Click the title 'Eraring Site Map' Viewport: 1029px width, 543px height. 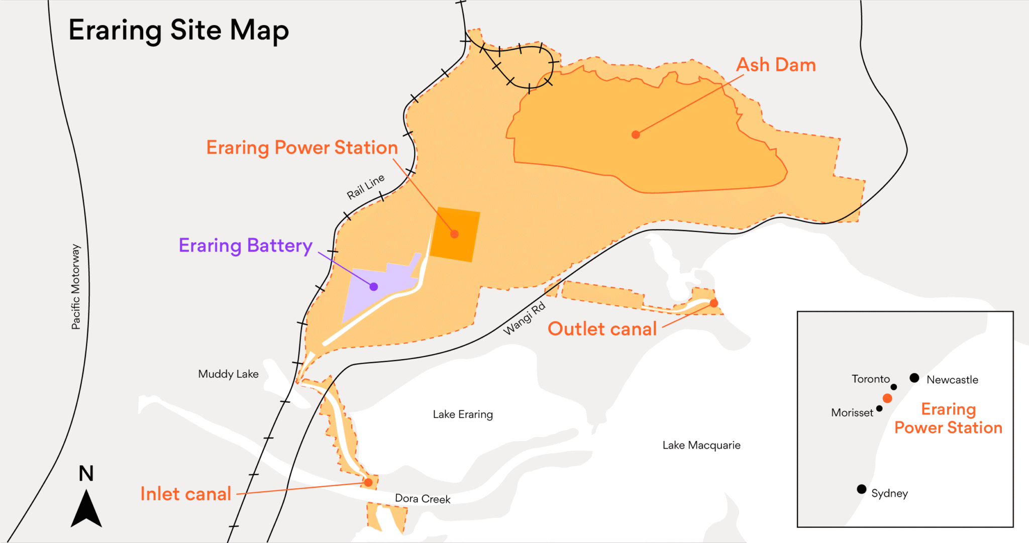click(178, 30)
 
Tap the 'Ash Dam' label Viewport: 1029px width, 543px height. click(776, 65)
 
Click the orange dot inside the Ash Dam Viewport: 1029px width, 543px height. click(636, 135)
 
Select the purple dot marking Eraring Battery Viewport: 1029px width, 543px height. click(374, 287)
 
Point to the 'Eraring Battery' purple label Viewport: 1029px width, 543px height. click(246, 246)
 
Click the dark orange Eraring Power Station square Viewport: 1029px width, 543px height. click(455, 234)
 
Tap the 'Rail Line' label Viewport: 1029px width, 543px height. click(365, 187)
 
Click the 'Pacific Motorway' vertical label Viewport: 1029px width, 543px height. click(75, 287)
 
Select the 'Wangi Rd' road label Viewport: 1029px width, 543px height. click(524, 318)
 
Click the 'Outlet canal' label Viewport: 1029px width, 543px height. click(602, 329)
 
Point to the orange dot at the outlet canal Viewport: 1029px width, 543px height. click(714, 303)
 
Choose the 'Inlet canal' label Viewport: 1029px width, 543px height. click(185, 494)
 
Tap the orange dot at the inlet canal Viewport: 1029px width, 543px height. click(368, 483)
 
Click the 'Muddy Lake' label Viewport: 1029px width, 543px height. click(228, 374)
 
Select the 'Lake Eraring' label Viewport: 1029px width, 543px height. click(463, 414)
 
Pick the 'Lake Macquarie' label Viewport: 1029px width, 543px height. click(701, 445)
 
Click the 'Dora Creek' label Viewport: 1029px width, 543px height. click(423, 499)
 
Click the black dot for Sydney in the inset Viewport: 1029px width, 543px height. click(862, 489)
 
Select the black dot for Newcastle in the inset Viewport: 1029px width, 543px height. click(914, 378)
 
